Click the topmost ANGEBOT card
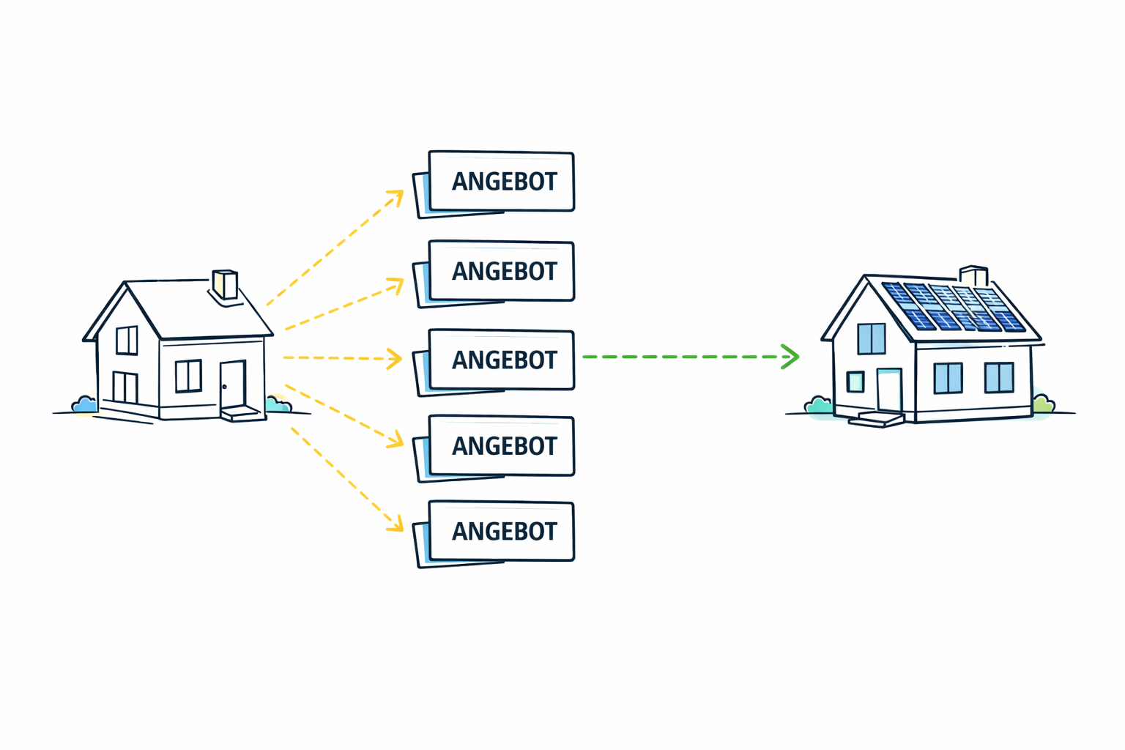501,182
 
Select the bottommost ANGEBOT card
501,532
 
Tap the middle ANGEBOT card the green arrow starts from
501,360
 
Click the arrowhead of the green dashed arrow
791,357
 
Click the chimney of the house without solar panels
225,284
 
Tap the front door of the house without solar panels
233,385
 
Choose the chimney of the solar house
974,275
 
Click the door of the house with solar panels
889,390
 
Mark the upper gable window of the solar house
871,338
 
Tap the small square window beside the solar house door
855,382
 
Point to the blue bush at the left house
84,404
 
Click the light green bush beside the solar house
1043,404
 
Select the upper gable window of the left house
127,341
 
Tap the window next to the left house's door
188,376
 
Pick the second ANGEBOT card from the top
501,271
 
